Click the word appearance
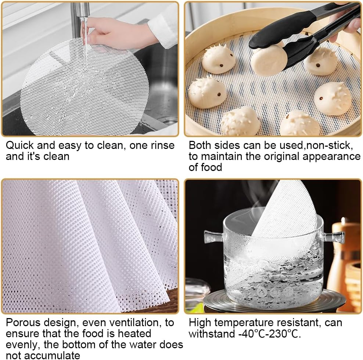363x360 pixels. point(331,157)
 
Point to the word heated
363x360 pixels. point(134,334)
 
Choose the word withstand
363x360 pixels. point(212,334)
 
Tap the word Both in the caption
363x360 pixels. point(200,146)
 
